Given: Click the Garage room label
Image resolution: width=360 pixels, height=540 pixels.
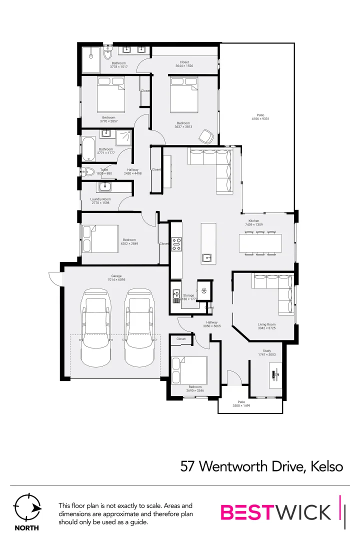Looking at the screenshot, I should tap(116, 275).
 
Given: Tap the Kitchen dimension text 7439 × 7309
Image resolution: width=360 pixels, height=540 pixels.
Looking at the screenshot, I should tap(254, 225).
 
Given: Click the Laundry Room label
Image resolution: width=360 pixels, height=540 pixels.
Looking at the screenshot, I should tap(100, 199).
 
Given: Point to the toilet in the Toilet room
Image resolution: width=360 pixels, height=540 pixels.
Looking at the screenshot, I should tap(89, 171).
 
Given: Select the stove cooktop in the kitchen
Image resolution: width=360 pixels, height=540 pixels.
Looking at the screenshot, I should tap(176, 244).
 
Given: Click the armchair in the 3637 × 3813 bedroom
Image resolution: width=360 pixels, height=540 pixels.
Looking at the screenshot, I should tap(206, 136).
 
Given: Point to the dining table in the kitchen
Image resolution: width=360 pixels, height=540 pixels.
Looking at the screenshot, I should tap(260, 243).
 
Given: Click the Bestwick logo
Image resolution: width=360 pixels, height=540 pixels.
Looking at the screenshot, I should tap(276, 512).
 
